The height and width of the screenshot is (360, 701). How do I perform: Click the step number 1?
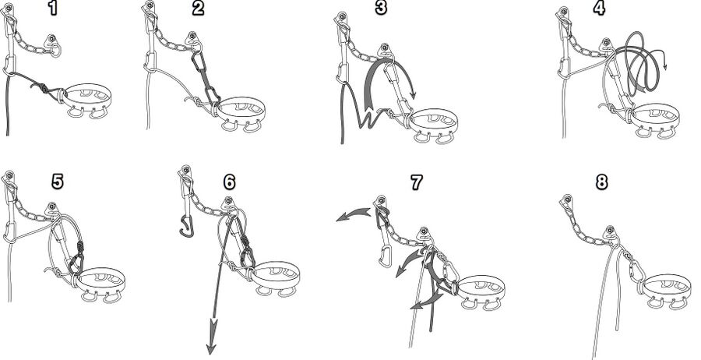pyautogui.click(x=53, y=9)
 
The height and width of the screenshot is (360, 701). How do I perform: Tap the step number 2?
pyautogui.click(x=198, y=9)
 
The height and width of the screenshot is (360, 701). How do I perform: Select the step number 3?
pyautogui.click(x=381, y=9)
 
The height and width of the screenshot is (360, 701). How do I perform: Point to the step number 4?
pyautogui.click(x=600, y=9)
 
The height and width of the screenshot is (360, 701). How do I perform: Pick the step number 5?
pyautogui.click(x=57, y=182)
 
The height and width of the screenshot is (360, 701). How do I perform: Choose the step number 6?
pyautogui.click(x=229, y=182)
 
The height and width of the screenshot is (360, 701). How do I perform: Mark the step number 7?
pyautogui.click(x=416, y=182)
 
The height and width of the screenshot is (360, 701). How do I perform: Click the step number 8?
pyautogui.click(x=602, y=182)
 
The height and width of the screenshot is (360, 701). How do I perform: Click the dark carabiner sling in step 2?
pyautogui.click(x=204, y=77)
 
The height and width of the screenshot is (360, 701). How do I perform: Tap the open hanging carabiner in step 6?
pyautogui.click(x=186, y=226)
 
